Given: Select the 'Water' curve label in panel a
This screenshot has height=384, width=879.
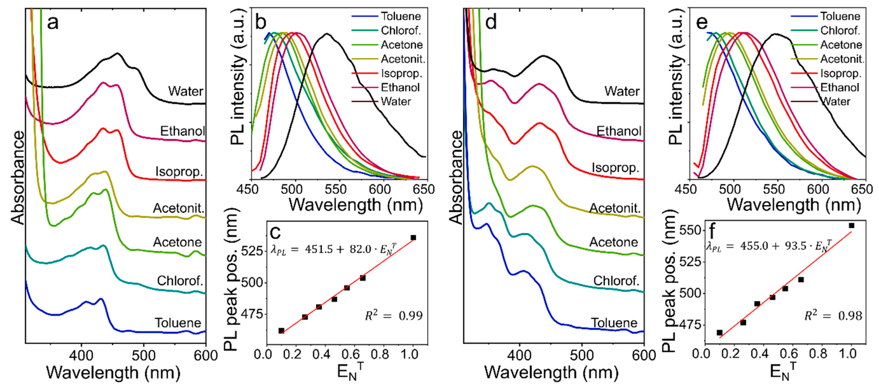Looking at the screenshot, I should (x=185, y=91).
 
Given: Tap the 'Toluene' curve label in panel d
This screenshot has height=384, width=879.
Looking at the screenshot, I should (x=614, y=323).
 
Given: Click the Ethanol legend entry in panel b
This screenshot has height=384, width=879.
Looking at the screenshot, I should (x=400, y=88).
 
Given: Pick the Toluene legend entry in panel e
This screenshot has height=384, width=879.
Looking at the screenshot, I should (x=840, y=16).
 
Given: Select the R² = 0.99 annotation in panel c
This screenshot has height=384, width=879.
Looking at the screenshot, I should (x=393, y=316).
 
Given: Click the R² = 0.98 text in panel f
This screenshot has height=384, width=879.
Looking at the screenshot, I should (x=833, y=316).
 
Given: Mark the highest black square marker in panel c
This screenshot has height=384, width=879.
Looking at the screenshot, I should (x=413, y=237).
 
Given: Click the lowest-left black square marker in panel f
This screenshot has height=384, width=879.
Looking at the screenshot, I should (x=719, y=333).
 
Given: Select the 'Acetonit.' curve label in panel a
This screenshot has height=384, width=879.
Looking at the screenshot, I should (x=179, y=208).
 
